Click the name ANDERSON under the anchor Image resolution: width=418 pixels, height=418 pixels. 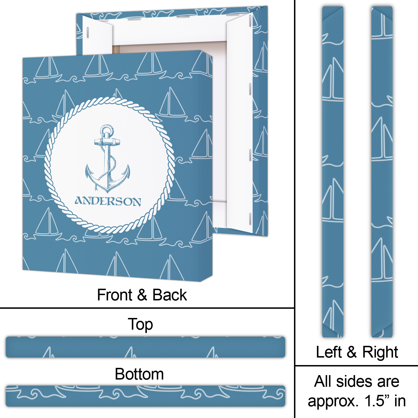click(108, 201)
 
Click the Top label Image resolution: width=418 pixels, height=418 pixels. click(140, 324)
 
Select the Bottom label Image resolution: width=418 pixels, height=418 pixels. click(139, 374)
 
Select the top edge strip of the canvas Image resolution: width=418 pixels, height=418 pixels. click(145, 347)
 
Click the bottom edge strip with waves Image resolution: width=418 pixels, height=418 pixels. click(145, 396)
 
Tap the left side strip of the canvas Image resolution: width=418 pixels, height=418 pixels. click(333, 172)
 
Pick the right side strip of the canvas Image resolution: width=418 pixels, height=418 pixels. click(382, 172)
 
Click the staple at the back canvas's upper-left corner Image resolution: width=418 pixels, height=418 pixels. click(88, 32)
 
